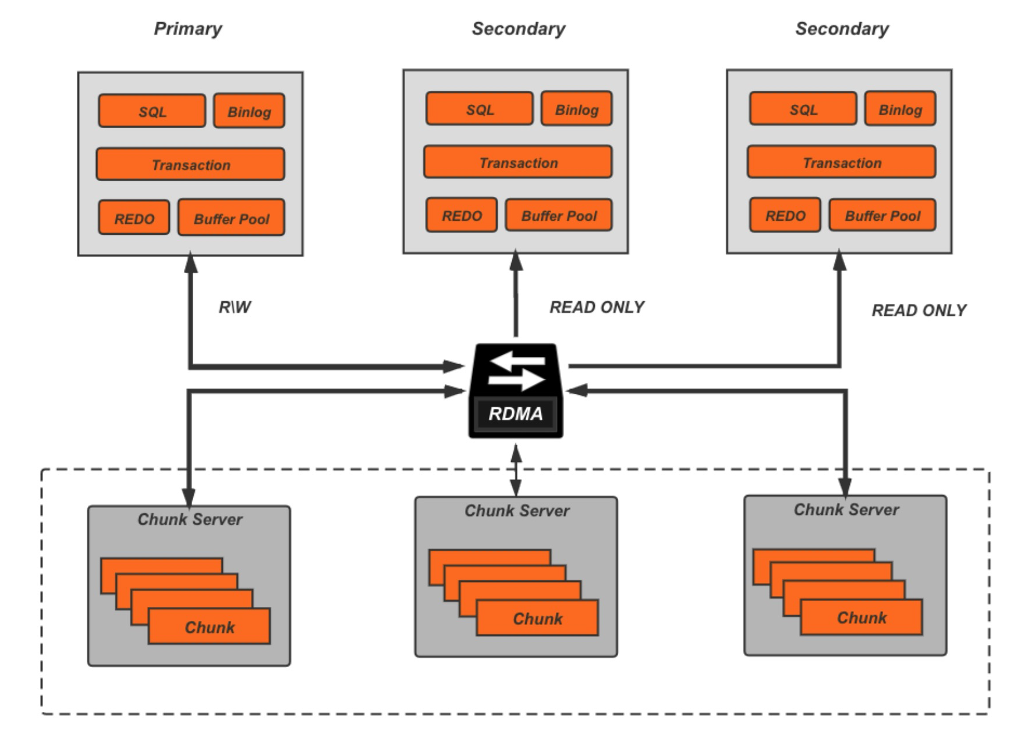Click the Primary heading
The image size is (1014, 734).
click(x=187, y=29)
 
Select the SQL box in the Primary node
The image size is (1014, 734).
click(x=152, y=111)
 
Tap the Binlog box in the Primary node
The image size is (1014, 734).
click(x=249, y=111)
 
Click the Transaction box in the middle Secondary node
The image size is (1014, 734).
click(x=517, y=162)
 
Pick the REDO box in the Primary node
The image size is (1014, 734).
click(x=134, y=218)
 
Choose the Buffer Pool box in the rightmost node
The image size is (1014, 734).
click(x=882, y=216)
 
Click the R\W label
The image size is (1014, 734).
click(x=235, y=307)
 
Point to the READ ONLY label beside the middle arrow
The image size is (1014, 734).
click(x=597, y=307)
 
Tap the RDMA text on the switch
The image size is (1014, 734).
click(x=515, y=414)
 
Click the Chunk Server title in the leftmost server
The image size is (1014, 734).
click(x=190, y=519)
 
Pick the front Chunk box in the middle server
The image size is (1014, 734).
click(x=537, y=618)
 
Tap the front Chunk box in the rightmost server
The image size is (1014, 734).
click(x=861, y=617)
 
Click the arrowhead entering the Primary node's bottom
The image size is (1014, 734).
click(x=190, y=263)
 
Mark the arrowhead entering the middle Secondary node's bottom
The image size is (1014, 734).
click(x=516, y=260)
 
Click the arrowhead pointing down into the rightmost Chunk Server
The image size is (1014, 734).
click(x=845, y=488)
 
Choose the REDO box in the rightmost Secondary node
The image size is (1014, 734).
click(x=785, y=216)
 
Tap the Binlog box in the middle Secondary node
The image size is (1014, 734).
click(x=576, y=109)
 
